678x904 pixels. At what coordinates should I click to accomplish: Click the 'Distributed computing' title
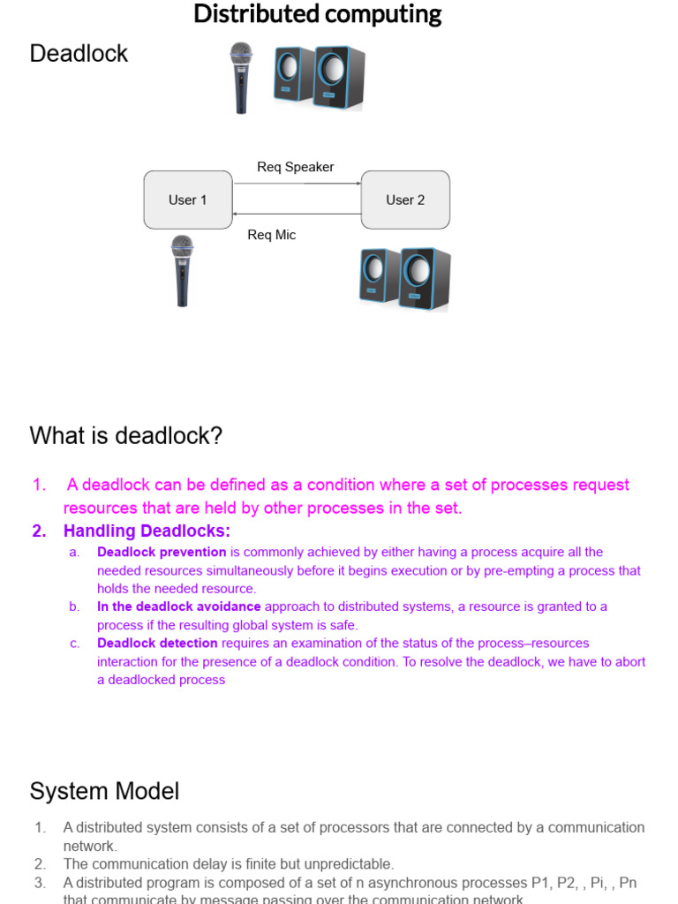(317, 14)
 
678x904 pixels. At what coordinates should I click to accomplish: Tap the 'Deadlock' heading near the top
(79, 54)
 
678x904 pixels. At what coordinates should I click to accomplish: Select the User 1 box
(188, 200)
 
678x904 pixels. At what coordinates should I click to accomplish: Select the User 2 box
(405, 200)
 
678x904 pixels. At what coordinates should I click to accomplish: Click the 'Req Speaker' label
(295, 167)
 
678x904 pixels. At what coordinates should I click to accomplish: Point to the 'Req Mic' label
(272, 235)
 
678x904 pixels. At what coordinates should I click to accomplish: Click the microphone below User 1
(182, 270)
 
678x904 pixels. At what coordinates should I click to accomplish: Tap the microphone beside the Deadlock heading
(240, 78)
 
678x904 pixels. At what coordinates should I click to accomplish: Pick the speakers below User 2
(405, 278)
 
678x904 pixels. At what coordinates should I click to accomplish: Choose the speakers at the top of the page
(319, 78)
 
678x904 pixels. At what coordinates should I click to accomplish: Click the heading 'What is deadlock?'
(126, 436)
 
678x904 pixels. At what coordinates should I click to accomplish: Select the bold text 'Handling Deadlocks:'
(147, 531)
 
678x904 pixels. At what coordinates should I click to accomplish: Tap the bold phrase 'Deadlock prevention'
(162, 553)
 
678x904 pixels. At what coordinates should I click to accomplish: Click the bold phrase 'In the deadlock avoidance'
(179, 606)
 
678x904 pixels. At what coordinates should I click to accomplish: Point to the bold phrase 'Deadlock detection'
(157, 644)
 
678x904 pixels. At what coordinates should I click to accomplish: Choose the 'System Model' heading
(104, 791)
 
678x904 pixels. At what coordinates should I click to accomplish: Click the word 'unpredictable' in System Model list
(349, 864)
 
